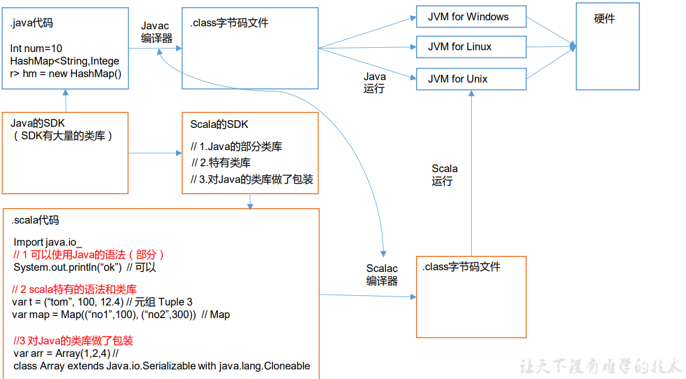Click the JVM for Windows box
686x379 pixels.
pos(471,17)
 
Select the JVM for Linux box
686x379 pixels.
pos(471,47)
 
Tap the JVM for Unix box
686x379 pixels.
pos(471,79)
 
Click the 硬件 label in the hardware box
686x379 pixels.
pos(605,19)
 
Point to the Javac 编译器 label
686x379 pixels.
pos(156,32)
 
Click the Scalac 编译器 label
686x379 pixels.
pos(382,275)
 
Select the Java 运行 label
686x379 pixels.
pos(375,82)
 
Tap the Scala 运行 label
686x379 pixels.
pos(444,175)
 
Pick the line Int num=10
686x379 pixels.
pos(36,48)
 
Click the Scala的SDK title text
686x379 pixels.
pos(219,125)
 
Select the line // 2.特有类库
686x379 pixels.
pos(221,163)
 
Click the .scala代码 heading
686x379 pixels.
pos(35,221)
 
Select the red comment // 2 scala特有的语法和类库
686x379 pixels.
pos(74,289)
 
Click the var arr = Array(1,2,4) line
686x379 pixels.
pos(60,353)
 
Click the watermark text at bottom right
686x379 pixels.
pos(601,366)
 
